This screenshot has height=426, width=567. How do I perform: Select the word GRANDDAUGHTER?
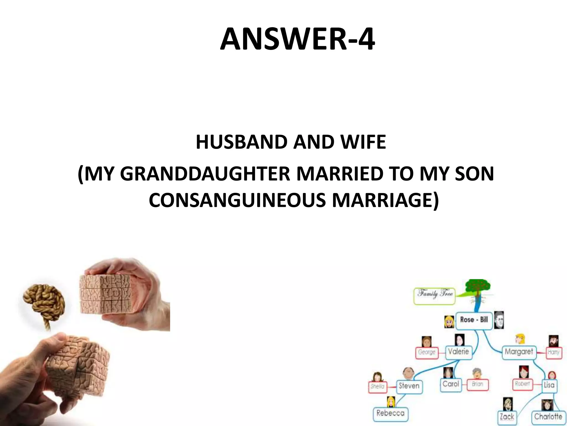coord(205,174)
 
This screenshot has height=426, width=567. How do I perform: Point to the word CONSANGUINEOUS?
coord(237,200)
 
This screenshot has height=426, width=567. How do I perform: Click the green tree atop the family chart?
coord(477,288)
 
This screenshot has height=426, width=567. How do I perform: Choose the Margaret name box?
coord(519,352)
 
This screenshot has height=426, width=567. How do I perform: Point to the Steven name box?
coord(409,386)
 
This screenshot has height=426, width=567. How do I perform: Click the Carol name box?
coord(451,384)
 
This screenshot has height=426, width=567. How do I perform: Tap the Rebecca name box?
coord(390,414)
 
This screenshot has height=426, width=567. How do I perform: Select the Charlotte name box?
coord(548,417)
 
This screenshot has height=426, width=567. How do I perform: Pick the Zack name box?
coord(507,417)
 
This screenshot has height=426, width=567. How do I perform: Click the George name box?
coord(427,353)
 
